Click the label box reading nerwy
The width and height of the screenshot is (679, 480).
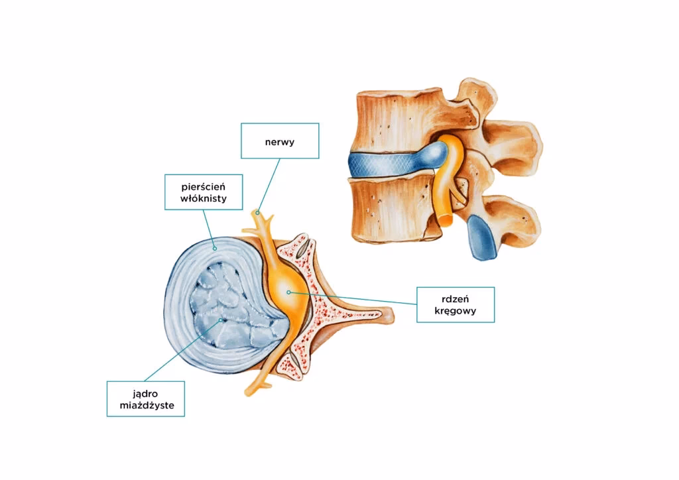[279, 141]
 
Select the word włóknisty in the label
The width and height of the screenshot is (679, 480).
[202, 197]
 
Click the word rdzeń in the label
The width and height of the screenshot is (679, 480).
[456, 298]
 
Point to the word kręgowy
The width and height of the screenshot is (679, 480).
[456, 310]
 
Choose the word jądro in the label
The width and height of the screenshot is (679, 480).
[146, 392]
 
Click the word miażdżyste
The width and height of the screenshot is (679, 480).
[146, 404]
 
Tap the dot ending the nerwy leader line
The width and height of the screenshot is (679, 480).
[257, 211]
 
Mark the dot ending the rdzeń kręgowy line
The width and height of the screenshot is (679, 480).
[288, 291]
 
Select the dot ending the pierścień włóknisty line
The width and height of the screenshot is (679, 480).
[214, 248]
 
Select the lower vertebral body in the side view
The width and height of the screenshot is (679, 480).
[391, 209]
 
